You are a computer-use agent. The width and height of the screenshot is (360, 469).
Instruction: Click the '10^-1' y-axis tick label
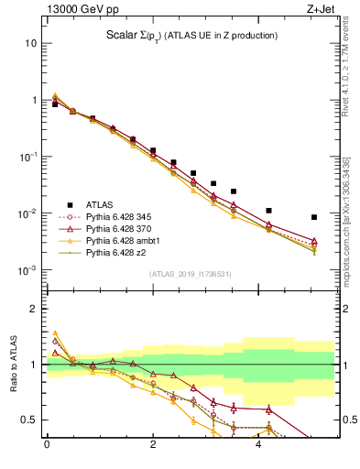(28, 157)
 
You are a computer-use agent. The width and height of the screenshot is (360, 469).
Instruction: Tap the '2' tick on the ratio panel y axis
(34, 309)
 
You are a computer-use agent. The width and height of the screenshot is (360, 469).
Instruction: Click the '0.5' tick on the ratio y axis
(29, 420)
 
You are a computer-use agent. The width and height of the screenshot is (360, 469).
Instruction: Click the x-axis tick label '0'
(47, 445)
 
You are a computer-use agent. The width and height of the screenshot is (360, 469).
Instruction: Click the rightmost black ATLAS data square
(314, 217)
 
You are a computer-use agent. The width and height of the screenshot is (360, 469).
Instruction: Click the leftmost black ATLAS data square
(55, 104)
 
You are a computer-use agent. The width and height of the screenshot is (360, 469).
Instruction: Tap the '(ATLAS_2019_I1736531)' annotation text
(190, 273)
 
